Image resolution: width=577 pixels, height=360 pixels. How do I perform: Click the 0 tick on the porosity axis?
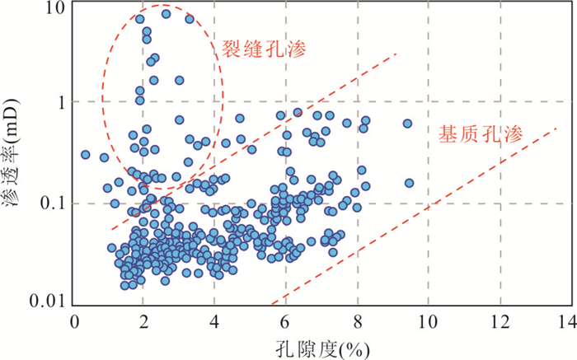75,321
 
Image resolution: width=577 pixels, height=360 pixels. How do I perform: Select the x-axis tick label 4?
215,321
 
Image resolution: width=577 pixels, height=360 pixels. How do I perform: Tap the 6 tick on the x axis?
286,321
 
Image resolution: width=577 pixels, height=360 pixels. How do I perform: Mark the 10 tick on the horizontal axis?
428,321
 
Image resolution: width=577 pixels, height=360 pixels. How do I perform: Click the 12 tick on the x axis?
500,321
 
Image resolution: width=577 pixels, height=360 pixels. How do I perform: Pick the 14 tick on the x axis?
569,321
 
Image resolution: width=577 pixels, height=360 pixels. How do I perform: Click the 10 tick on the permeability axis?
54,8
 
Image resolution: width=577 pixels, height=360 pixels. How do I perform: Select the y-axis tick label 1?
59,101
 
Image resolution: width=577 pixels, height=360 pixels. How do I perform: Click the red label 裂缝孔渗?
263,49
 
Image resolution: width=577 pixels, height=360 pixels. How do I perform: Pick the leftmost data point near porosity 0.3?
86,154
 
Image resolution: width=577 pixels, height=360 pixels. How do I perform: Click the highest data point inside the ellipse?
166,13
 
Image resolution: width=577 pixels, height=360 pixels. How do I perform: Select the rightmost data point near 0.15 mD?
409,183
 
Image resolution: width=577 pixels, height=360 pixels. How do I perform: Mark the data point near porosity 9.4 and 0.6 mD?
407,124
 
